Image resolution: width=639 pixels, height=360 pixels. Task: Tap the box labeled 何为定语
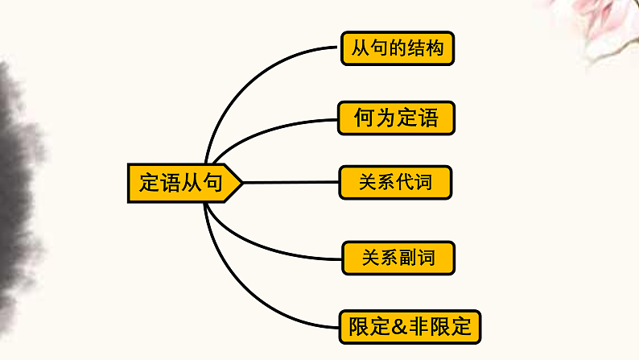point(396,119)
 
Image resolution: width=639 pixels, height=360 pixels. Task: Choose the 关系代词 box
point(395,182)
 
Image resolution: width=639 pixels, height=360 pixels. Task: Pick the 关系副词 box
point(398,258)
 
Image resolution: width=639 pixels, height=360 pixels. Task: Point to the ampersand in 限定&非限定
point(401,327)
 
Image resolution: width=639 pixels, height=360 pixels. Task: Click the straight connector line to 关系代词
point(290,182)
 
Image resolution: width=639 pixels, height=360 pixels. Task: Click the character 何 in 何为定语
point(364,119)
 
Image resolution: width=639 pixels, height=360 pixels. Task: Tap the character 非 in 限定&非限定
point(421,327)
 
